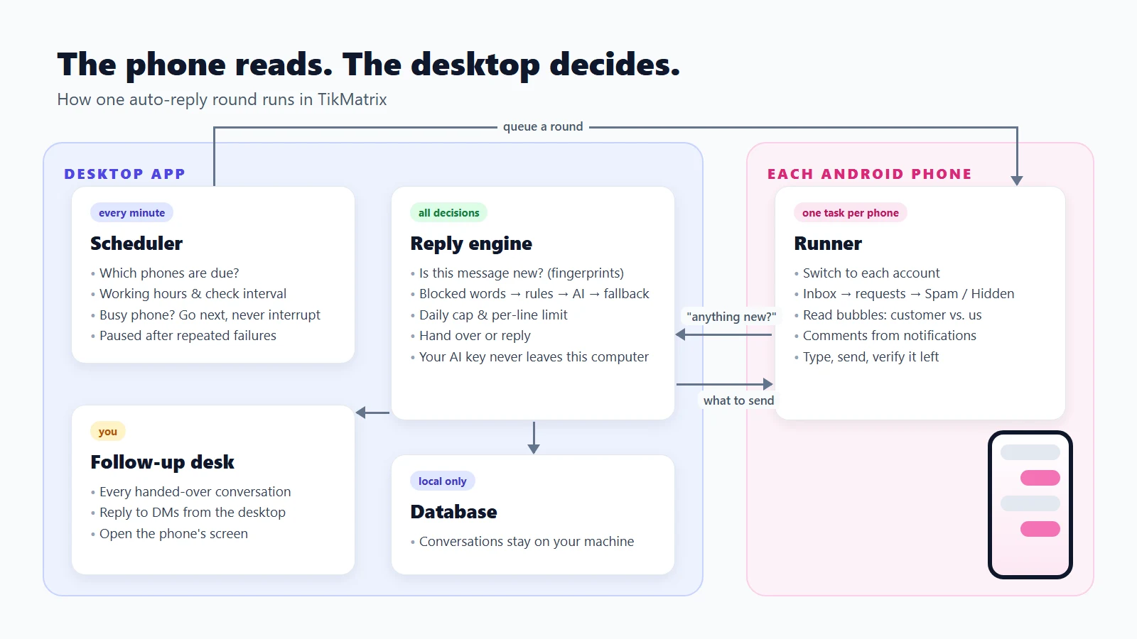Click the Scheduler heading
[136, 244]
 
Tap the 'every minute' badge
[131, 212]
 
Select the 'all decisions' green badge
[448, 212]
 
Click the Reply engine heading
[471, 244]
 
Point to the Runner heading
[828, 244]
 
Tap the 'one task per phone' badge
[850, 212]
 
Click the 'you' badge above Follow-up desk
[107, 431]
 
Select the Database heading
[454, 512]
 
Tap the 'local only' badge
[442, 481]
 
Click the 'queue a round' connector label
[543, 126]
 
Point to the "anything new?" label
[731, 317]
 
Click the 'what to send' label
[738, 400]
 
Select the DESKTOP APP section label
[125, 174]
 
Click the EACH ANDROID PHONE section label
[870, 174]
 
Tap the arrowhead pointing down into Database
[534, 448]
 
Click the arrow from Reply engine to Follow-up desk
[372, 413]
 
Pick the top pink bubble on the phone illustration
[1040, 478]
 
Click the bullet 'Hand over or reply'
[475, 335]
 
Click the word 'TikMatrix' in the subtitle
[352, 99]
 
